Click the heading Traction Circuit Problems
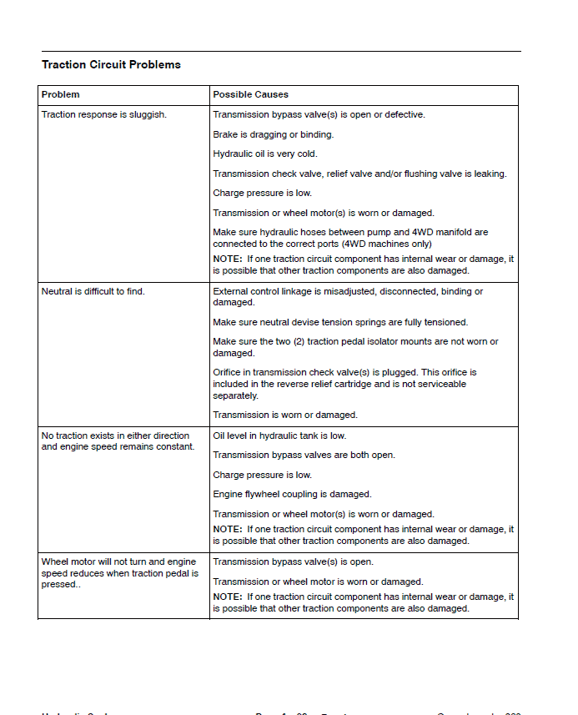coord(111,64)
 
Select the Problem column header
coord(61,94)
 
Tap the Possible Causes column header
coord(250,94)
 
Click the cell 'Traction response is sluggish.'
coord(104,114)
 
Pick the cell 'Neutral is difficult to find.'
coord(93,291)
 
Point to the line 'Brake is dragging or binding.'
coord(274,134)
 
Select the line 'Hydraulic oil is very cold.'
coord(265,154)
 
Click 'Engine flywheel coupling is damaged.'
coord(292,494)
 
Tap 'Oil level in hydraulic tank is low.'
coord(279,436)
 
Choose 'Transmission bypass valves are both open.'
coord(304,455)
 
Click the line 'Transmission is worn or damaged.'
coord(285,415)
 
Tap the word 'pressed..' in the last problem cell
coord(59,585)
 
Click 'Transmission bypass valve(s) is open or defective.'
coord(319,114)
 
